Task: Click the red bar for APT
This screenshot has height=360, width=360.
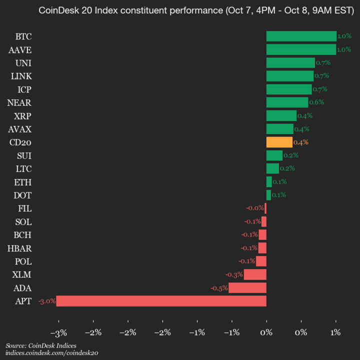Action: coord(161,301)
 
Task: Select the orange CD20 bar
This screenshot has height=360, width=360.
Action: coord(279,142)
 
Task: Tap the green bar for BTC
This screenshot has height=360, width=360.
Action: coord(301,36)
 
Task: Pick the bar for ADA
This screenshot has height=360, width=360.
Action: coord(247,287)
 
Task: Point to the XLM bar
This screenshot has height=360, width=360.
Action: coord(255,274)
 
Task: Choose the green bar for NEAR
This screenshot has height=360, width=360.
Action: coord(287,102)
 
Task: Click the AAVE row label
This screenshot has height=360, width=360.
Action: coord(20,49)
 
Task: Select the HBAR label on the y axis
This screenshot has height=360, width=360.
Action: coord(20,248)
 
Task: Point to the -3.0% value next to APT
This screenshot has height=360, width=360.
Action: coord(46,301)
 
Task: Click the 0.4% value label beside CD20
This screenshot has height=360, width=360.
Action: coord(300,142)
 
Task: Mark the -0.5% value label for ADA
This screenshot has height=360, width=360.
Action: coord(219,287)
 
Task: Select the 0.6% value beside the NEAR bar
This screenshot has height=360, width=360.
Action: coord(316,102)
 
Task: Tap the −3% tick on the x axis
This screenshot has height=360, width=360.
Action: coord(59,332)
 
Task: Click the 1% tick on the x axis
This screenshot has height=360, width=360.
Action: coord(335,332)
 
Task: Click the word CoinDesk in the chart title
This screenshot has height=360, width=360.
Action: coord(56,10)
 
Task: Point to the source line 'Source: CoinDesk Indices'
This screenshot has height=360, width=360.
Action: coord(41,345)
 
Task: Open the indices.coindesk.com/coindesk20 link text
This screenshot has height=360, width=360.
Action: coord(51,353)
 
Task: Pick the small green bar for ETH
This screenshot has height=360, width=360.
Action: coord(269,181)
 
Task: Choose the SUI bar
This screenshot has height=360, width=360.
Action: coord(274,155)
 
